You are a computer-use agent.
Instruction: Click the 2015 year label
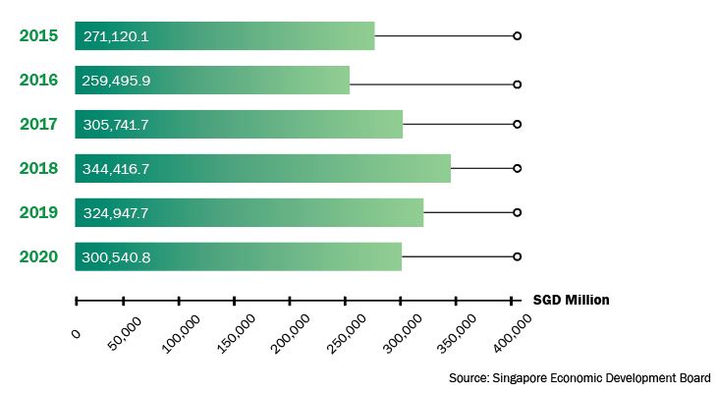(x=38, y=36)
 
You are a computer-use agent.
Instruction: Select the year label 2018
(x=38, y=169)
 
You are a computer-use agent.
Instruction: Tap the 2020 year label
(x=38, y=257)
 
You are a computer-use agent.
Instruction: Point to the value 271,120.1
(x=117, y=36)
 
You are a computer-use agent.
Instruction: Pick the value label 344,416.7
(x=117, y=169)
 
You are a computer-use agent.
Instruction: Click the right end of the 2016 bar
(x=348, y=81)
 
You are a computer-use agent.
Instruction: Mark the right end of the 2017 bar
(x=401, y=125)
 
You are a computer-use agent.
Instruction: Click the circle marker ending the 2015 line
(x=517, y=36)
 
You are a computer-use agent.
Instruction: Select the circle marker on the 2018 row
(x=517, y=169)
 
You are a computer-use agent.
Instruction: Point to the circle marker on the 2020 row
(x=517, y=256)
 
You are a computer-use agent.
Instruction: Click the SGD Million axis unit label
(x=571, y=300)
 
